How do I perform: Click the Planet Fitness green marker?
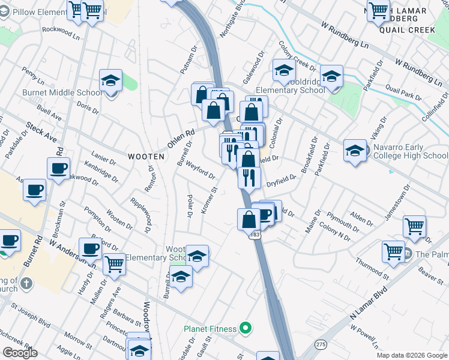pyautogui.click(x=244, y=328)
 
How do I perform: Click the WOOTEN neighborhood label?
pyautogui.click(x=146, y=156)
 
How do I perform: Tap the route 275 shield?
pyautogui.click(x=322, y=343)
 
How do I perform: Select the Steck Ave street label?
pyautogui.click(x=40, y=133)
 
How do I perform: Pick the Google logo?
pyautogui.click(x=19, y=353)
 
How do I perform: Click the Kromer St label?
pyautogui.click(x=209, y=205)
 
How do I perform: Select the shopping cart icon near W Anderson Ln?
pyautogui.click(x=113, y=263)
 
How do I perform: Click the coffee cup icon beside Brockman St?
pyautogui.click(x=58, y=169)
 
